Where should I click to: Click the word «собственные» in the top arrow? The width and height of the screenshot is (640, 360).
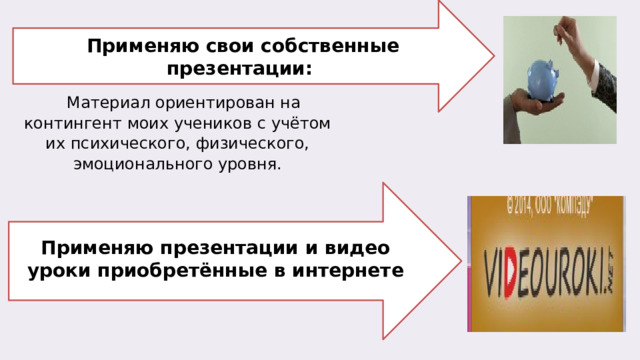[330, 47]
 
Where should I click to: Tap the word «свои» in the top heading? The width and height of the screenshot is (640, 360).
[228, 47]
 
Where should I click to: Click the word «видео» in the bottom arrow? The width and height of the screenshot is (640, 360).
[358, 247]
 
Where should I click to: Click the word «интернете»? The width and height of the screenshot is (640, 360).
[349, 270]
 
